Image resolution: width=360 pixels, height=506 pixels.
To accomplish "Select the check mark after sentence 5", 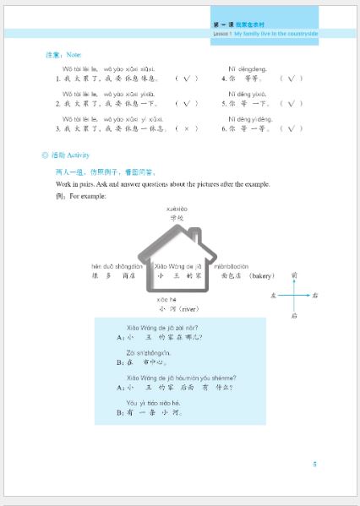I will [290, 104].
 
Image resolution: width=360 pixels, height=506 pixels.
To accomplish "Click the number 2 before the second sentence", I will [57, 104].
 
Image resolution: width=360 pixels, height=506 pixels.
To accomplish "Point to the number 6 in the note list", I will [223, 129].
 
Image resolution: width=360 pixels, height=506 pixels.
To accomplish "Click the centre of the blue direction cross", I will [292, 296].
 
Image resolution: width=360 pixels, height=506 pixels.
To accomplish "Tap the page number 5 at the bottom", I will [314, 464].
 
